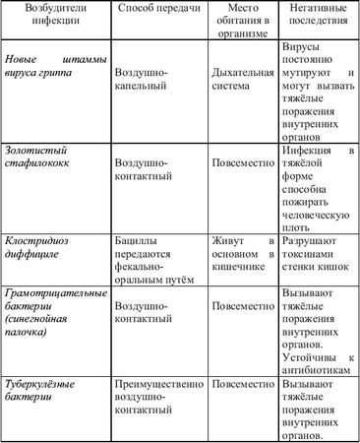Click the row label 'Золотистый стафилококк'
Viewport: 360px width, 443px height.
pyautogui.click(x=50, y=157)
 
